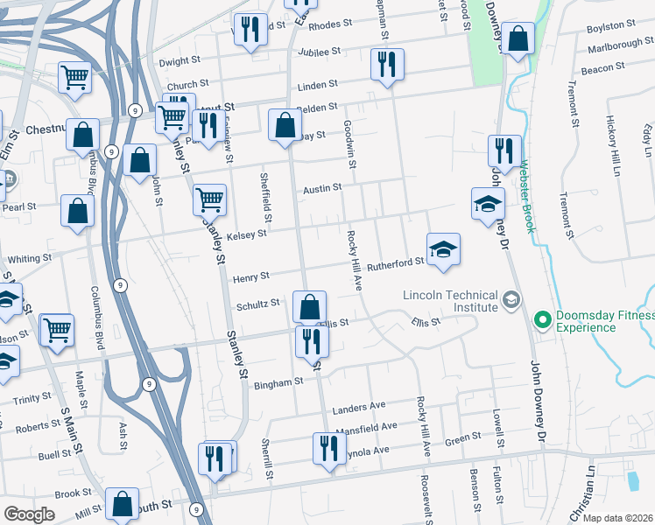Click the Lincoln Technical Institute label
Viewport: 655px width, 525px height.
pos(450,302)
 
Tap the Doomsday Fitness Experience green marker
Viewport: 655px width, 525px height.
pos(541,322)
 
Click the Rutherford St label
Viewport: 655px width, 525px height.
pos(395,263)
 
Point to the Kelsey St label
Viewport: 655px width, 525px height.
pos(246,234)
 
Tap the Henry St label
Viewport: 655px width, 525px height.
pos(251,277)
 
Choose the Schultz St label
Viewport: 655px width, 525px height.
pos(257,305)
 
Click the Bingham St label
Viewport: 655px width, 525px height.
pos(278,381)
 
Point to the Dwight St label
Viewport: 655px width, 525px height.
pos(180,63)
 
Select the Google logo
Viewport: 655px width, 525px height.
pos(30,514)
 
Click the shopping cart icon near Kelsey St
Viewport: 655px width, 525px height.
pos(209,200)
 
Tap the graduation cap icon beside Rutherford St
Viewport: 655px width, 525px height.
pos(443,249)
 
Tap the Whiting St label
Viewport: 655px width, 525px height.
pos(31,259)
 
